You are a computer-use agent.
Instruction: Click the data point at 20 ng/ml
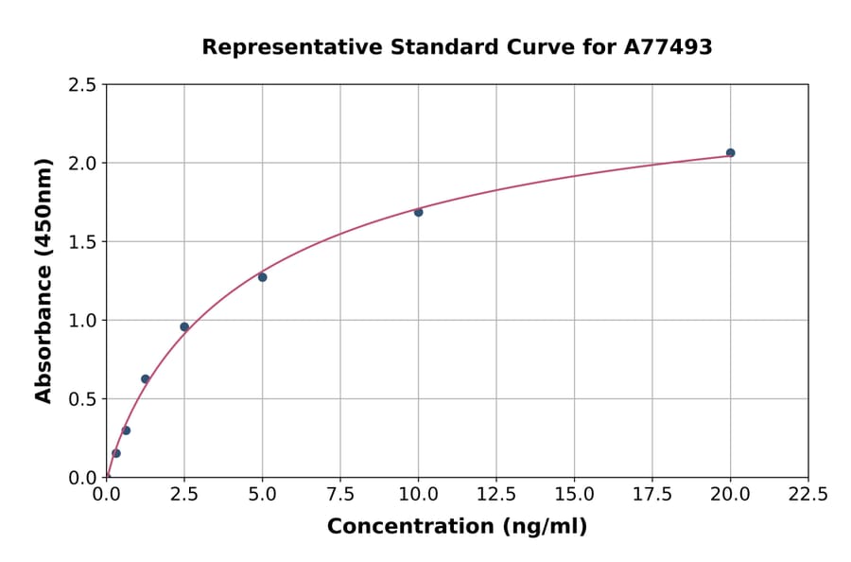tap(730, 152)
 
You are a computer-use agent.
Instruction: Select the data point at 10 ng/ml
tap(418, 212)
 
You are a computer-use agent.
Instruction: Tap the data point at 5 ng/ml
tap(262, 277)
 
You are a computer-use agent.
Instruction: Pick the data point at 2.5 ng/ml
tap(184, 326)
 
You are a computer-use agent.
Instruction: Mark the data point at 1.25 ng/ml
tap(146, 378)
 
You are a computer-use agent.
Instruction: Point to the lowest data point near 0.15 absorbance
tap(116, 453)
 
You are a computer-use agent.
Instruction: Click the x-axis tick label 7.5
tap(340, 495)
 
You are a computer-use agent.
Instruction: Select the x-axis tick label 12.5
tap(496, 495)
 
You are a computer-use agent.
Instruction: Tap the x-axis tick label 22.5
tap(808, 495)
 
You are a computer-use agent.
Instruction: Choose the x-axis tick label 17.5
tap(652, 495)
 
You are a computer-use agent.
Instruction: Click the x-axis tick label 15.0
tap(574, 495)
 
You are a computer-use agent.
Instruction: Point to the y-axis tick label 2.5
tap(82, 85)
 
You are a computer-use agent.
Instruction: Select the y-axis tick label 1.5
tap(82, 242)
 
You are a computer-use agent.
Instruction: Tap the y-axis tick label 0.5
tap(82, 399)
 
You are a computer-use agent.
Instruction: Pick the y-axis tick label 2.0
tap(82, 164)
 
